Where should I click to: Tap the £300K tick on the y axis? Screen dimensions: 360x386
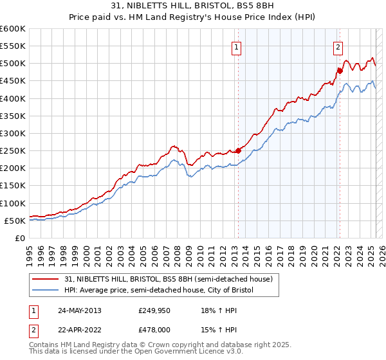click(14, 133)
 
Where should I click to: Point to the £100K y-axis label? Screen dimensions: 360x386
click(14, 203)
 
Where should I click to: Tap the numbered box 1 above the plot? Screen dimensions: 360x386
click(237, 47)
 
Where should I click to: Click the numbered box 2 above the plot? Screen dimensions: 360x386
click(338, 47)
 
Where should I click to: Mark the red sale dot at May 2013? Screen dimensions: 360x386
click(238, 150)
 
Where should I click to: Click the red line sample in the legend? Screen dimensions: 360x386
click(46, 279)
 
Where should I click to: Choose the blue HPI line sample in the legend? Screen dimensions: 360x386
click(46, 290)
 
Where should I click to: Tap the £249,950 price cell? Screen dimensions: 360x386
click(155, 310)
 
